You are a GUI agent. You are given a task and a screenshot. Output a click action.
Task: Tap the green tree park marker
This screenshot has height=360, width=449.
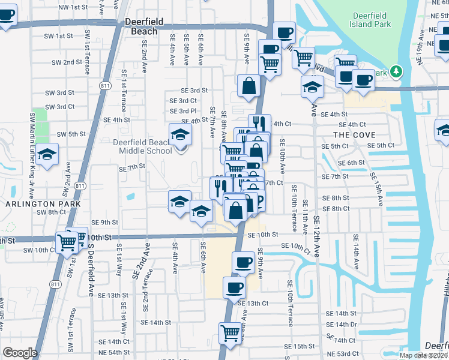tap(396, 72)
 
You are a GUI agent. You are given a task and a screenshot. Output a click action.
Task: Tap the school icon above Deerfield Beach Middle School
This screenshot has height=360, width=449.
tap(179, 135)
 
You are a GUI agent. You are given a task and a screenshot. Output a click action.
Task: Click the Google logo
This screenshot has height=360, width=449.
tap(19, 353)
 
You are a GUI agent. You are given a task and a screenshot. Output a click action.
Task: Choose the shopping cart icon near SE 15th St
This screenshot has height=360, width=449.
tap(231, 333)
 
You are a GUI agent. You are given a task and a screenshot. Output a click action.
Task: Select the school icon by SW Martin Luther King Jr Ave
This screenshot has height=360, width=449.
tap(47, 155)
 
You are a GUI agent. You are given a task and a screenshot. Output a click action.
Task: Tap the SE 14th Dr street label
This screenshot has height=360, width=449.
tap(342, 325)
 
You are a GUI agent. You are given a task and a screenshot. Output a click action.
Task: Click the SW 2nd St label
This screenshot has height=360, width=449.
tap(67, 62)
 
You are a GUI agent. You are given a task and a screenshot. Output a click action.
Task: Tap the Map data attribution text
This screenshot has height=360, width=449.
tap(423, 355)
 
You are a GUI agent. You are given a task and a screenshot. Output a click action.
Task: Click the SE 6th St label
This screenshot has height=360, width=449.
tap(352, 163)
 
